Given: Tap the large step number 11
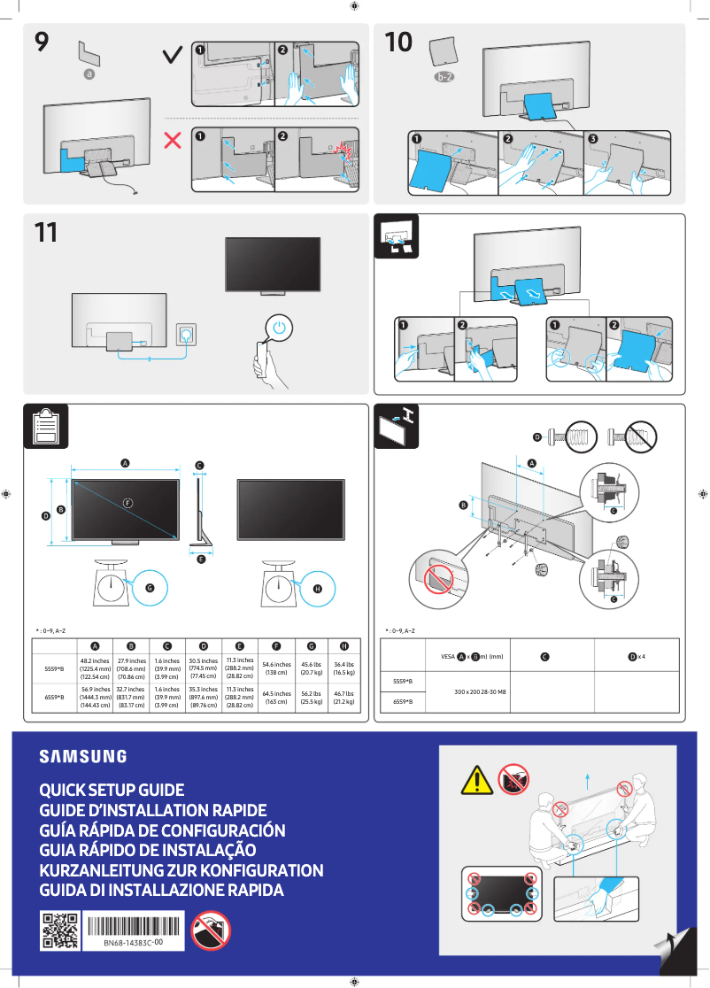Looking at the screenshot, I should pyautogui.click(x=45, y=234).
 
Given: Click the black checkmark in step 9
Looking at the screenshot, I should pyautogui.click(x=174, y=56).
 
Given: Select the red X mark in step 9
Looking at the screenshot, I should pyautogui.click(x=174, y=139).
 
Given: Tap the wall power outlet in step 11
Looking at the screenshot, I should pyautogui.click(x=187, y=334).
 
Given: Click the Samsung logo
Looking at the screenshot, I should pyautogui.click(x=82, y=756).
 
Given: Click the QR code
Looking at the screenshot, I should pyautogui.click(x=60, y=930).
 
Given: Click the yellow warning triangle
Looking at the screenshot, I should pyautogui.click(x=476, y=780).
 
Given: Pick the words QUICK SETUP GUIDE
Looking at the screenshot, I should pyautogui.click(x=112, y=790).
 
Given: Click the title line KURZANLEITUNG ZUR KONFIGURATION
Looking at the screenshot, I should pyautogui.click(x=181, y=870).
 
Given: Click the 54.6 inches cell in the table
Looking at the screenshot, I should pyautogui.click(x=276, y=668).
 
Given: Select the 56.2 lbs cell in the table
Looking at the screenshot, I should pyautogui.click(x=311, y=699).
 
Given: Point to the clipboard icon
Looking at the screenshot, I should pyautogui.click(x=42, y=428).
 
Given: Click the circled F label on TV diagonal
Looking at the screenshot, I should pyautogui.click(x=128, y=504).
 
